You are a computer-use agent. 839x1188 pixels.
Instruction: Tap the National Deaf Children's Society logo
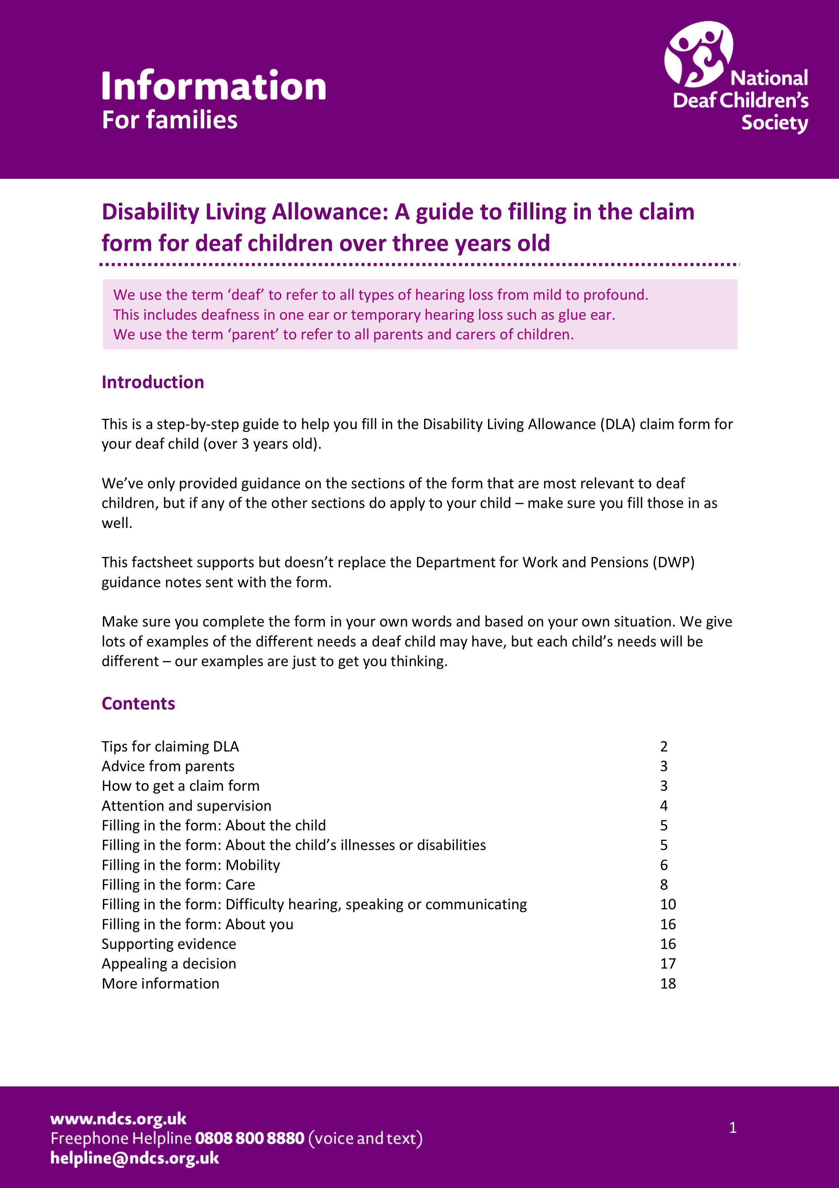coord(736,78)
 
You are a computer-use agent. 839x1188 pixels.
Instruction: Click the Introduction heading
coord(153,382)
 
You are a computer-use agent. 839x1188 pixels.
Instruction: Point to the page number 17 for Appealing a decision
coord(667,963)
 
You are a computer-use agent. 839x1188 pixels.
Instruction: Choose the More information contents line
coord(160,983)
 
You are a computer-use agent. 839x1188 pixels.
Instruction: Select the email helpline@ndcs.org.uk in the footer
coord(134,1158)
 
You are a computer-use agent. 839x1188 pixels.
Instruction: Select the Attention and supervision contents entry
coord(186,806)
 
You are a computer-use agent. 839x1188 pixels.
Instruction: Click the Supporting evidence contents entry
coord(169,944)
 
